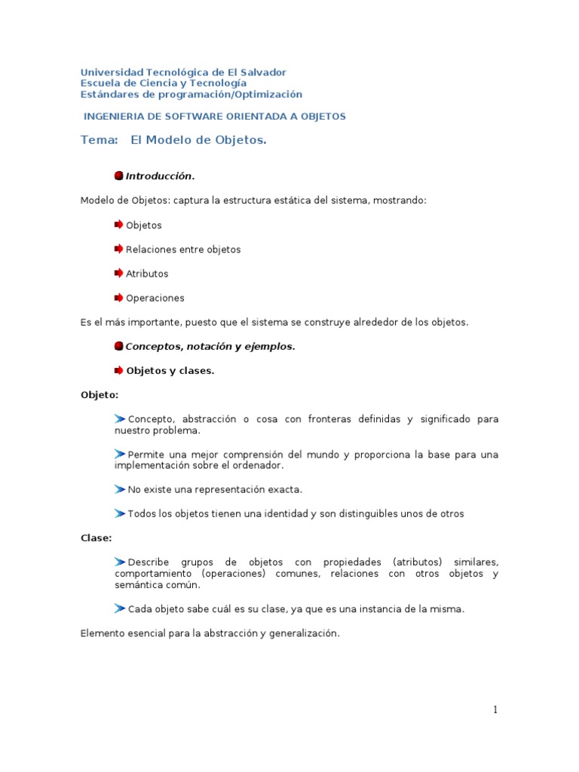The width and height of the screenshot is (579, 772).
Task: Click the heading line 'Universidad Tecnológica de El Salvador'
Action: coord(183,72)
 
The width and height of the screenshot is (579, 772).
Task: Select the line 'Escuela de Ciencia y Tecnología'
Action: coord(163,83)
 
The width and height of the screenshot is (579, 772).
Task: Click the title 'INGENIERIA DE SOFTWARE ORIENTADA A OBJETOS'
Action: coord(214,116)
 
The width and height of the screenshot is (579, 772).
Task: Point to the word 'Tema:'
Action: coord(100,140)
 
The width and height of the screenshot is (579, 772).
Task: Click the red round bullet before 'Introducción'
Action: coord(119,176)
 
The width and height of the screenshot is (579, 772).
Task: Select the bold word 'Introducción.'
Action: coord(160,176)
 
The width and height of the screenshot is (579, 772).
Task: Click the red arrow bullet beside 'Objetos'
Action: coord(119,225)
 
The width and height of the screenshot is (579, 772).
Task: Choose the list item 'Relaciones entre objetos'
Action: coord(183,250)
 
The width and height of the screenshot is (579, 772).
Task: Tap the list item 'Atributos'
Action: coord(147,274)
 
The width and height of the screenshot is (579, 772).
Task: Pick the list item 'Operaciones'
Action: coord(155,298)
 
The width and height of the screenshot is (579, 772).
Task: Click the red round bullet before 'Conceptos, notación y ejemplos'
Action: coord(119,346)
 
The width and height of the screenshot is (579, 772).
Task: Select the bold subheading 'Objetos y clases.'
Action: coord(170,371)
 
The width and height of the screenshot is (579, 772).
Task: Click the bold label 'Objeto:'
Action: coord(100,395)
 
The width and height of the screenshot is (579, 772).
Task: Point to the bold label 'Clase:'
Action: coord(96,538)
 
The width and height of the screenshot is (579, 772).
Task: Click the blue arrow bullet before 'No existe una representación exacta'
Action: coord(120,489)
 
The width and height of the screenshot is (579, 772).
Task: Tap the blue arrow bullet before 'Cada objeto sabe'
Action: coord(120,608)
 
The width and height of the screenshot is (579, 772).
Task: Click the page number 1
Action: coord(495,709)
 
